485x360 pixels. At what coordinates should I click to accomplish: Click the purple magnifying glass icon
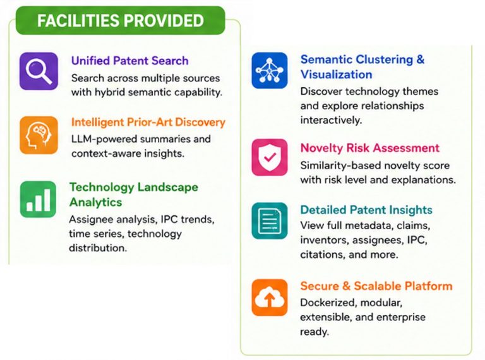click(x=39, y=71)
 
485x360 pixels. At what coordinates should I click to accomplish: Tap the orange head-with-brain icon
click(x=39, y=135)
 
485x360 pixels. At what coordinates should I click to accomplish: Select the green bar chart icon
click(x=38, y=199)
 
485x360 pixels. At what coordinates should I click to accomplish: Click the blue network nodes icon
click(x=270, y=71)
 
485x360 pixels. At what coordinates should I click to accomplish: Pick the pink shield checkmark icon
click(x=270, y=157)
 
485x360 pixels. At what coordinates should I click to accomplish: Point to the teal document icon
click(x=270, y=221)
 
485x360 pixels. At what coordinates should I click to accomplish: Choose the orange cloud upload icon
click(x=270, y=297)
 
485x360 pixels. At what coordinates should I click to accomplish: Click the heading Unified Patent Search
click(x=129, y=61)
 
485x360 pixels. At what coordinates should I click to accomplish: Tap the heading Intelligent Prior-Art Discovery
click(x=148, y=122)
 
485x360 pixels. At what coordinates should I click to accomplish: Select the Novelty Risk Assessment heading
click(x=369, y=148)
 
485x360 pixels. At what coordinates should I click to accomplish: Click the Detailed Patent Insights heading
click(x=366, y=210)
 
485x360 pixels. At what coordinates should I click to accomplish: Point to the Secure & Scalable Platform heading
click(x=376, y=285)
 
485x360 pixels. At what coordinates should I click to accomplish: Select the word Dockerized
click(x=328, y=303)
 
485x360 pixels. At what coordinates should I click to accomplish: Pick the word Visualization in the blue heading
click(x=336, y=75)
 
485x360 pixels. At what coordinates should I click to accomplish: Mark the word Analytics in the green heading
click(x=95, y=202)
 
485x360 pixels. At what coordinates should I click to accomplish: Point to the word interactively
click(x=331, y=120)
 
